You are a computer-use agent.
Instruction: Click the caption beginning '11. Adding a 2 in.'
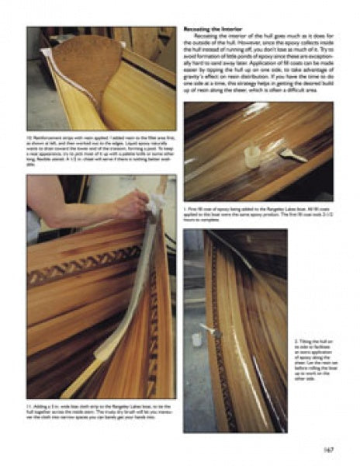[x=101, y=409]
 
